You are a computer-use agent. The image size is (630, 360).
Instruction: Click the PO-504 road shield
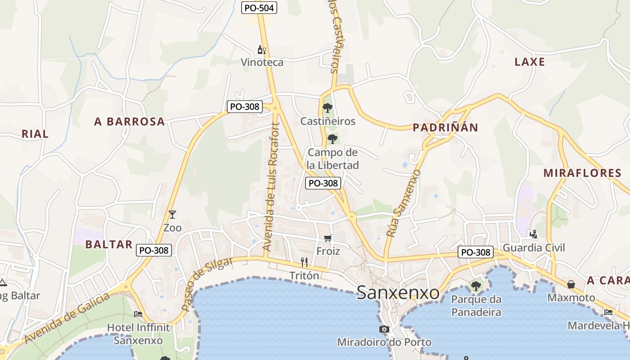(259, 8)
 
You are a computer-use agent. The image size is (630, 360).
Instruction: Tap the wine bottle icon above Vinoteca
(261, 49)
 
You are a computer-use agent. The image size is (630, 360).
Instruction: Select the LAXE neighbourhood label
(530, 62)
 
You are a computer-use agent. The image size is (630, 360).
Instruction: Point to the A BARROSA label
(129, 121)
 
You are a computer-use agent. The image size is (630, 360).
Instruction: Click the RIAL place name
(35, 134)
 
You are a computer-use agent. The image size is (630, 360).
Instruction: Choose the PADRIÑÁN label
(445, 127)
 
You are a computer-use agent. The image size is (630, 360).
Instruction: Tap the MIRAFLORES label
(582, 173)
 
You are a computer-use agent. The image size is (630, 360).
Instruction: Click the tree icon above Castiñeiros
(328, 108)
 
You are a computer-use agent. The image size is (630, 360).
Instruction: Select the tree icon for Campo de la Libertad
(333, 139)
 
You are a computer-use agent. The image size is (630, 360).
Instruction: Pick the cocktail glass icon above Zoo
(172, 214)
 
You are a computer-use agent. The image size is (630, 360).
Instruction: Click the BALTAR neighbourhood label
(109, 244)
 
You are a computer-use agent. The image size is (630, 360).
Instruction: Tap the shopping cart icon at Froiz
(328, 238)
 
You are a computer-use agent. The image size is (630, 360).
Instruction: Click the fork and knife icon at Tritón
(304, 262)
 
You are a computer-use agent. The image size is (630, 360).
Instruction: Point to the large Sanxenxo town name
(398, 293)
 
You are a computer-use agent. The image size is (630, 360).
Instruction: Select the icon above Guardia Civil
(533, 234)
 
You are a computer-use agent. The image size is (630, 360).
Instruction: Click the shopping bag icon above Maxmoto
(571, 284)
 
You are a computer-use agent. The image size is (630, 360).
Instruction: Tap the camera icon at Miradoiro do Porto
(384, 329)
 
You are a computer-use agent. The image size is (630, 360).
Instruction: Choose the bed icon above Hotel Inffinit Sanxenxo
(138, 314)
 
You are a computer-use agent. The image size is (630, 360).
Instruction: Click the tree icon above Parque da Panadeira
(476, 286)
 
